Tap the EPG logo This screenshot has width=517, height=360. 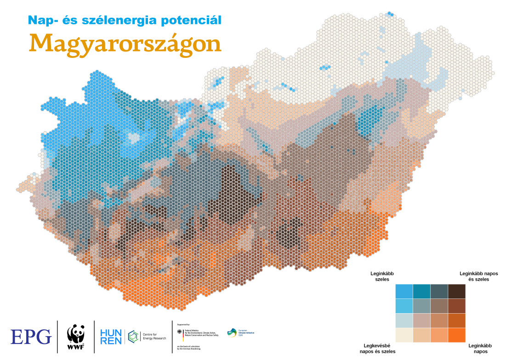point(31,337)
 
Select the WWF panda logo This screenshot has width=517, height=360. point(76,337)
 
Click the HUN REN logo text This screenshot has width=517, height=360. point(111,336)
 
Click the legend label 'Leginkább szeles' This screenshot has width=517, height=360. point(382,276)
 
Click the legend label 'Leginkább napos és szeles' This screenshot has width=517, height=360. point(478,276)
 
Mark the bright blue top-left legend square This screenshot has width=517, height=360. point(403,292)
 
